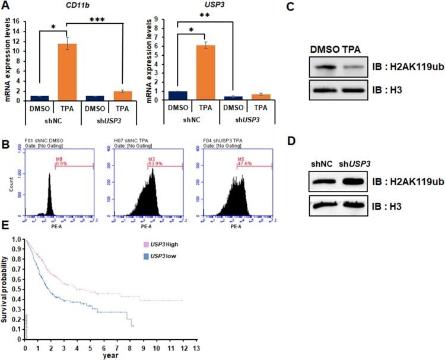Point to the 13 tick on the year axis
tap(196, 350)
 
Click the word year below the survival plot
tap(110, 356)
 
